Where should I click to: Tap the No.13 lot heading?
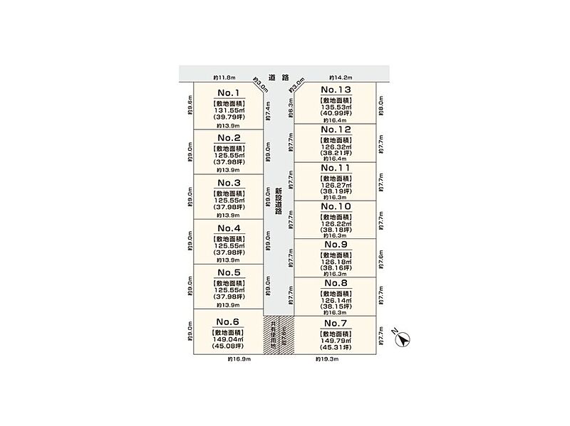pos(336,90)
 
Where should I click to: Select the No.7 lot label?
pos(336,324)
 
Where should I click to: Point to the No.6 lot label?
pos(228,321)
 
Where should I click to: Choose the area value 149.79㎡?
pos(336,341)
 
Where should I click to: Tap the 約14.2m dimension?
pos(340,77)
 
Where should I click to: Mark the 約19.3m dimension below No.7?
pos(327,360)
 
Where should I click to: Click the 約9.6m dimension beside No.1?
pos(190,105)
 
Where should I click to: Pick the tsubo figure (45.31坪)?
pos(336,349)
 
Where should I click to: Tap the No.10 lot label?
pos(336,206)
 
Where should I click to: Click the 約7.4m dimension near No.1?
pos(269,108)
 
